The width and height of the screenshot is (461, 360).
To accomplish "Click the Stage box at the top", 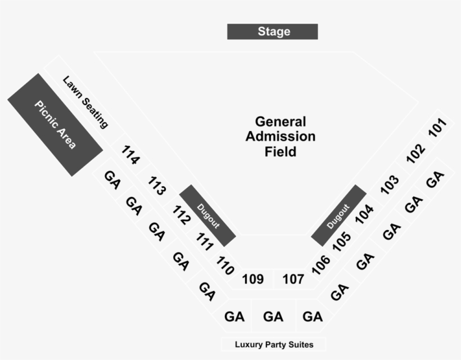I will point(273,31).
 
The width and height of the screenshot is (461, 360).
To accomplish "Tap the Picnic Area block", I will point(55,124).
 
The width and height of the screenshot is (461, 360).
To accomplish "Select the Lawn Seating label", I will point(85,102).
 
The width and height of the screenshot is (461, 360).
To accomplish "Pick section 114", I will point(130,155).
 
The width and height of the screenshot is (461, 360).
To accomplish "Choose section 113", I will point(157,186).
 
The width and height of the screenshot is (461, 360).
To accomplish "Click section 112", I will point(181,215).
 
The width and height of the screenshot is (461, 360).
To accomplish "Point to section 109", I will point(252,279).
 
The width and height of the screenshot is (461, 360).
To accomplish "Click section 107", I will point(293,279).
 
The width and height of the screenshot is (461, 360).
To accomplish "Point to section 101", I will point(437,128).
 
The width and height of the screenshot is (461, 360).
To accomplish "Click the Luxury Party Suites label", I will point(274,344).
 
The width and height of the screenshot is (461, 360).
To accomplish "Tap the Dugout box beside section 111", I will point(207,215).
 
